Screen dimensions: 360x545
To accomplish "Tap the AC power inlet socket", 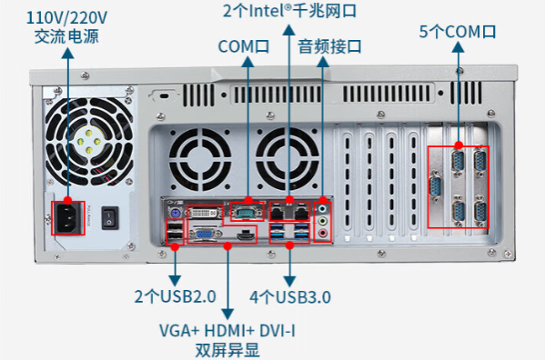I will pyautogui.click(x=67, y=216).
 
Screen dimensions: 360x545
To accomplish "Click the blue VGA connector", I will pyautogui.click(x=206, y=234).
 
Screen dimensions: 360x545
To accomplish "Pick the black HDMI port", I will pyautogui.click(x=243, y=235).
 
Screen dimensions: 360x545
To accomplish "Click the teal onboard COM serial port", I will pyautogui.click(x=244, y=212).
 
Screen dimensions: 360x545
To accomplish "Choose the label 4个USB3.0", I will pyautogui.click(x=290, y=297).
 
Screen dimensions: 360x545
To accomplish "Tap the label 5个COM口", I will pyautogui.click(x=458, y=32).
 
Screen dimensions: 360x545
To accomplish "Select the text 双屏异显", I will pyautogui.click(x=227, y=348).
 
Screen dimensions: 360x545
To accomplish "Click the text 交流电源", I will pyautogui.click(x=66, y=36).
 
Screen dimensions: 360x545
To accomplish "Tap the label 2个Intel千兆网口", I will pyautogui.click(x=289, y=11).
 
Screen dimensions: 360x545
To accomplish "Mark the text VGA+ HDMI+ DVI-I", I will pyautogui.click(x=227, y=329).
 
